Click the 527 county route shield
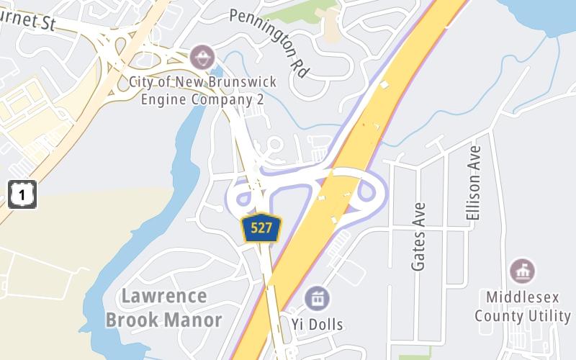point(261,228)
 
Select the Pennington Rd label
point(269,43)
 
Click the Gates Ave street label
point(419,237)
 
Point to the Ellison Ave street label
point(473,183)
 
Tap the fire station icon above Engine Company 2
point(202,55)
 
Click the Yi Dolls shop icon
point(316,297)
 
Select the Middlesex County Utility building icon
point(522,271)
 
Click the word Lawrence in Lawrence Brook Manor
point(164,296)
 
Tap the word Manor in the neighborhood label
point(194,319)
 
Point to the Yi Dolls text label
point(317,323)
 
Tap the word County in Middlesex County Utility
point(500,316)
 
